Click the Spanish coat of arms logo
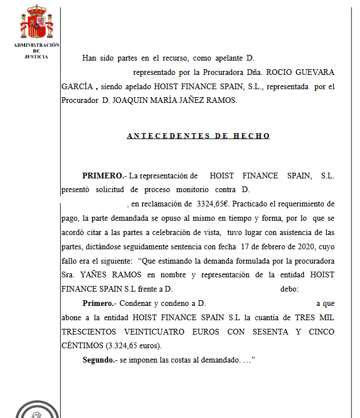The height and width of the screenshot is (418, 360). pos(37,23)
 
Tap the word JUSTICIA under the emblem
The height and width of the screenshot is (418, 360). pos(37,57)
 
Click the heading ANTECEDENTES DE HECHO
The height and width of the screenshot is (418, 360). pos(198,136)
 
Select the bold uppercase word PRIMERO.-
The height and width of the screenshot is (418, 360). pos(104,176)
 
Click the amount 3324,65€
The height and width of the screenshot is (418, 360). pos(213,204)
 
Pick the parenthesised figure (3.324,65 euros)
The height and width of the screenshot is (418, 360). pos(129,346)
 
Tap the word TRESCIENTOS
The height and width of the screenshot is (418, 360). pos(89,332)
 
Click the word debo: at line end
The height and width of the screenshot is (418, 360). pos(289,289)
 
